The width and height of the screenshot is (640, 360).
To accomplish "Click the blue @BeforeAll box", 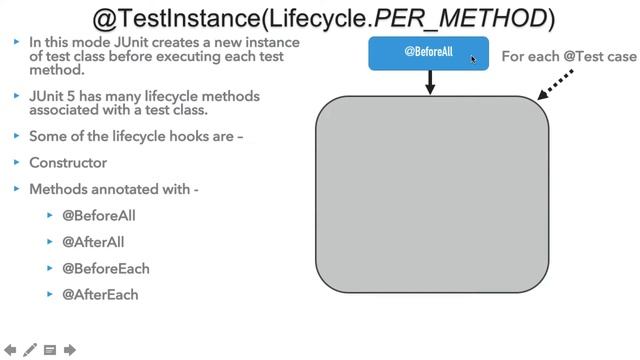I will point(428,53).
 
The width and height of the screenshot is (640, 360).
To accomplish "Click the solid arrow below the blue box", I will point(431,83).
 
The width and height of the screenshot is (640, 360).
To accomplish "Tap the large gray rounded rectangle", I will point(432,194).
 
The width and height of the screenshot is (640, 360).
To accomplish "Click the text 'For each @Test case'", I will point(568,56).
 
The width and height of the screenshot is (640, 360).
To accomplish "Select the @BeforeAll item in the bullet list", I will point(99,215).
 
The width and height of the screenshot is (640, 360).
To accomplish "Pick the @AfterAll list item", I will point(93,242).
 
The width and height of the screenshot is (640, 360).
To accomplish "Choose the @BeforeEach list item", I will point(106,268).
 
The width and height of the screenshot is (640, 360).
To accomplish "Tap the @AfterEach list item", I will point(100,295).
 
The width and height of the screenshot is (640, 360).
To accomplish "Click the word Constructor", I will point(68,162).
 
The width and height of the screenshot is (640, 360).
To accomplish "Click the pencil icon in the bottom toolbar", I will point(30,350).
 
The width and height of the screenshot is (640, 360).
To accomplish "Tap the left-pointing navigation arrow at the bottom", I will point(10,350).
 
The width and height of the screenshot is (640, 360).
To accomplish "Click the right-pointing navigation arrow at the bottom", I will point(70,350).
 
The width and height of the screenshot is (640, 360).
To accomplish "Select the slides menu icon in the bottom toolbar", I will point(50,350).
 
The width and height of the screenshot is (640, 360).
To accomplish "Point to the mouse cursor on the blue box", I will point(474,59).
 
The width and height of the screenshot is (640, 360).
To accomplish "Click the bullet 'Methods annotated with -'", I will point(114,188).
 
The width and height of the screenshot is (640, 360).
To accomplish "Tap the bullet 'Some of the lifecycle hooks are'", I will point(136,135).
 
